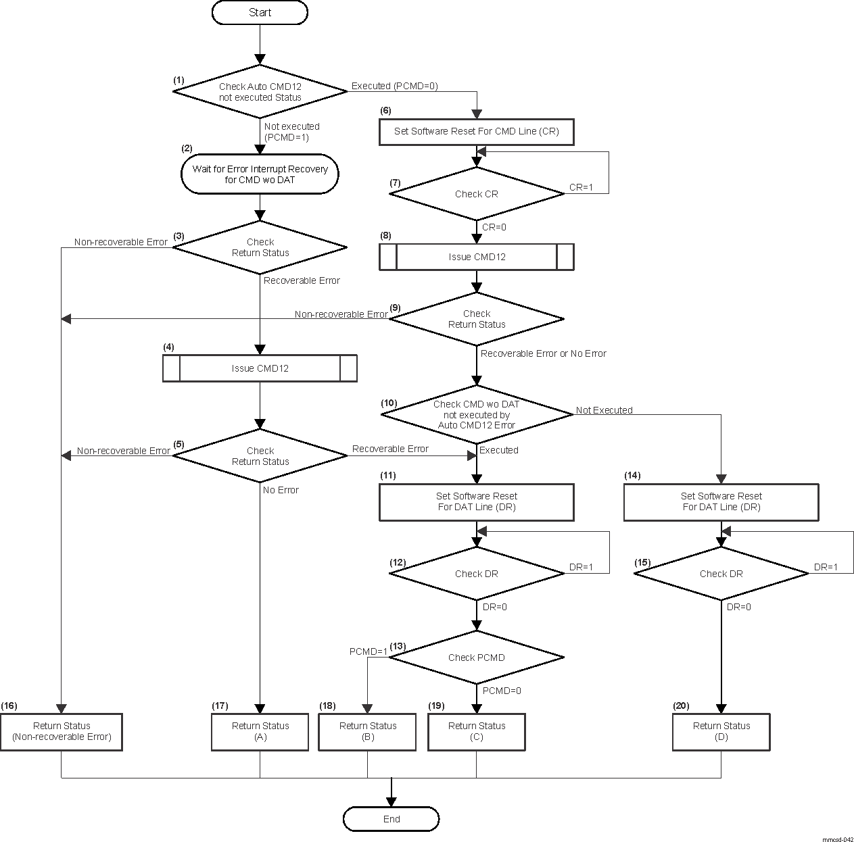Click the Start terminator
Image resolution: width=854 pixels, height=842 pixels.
click(260, 13)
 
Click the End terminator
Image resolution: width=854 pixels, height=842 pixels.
click(392, 819)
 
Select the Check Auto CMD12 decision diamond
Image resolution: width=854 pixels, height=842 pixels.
click(260, 92)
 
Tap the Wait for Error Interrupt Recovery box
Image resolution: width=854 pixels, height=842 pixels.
click(260, 174)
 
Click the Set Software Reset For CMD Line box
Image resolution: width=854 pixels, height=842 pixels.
click(477, 132)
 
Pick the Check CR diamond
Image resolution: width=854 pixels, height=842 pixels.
click(477, 194)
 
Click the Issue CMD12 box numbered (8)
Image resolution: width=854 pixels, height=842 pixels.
click(477, 257)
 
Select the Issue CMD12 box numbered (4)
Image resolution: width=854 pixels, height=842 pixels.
click(260, 369)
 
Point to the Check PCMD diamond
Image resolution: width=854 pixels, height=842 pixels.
click(477, 658)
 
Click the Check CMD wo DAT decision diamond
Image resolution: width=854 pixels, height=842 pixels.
click(477, 414)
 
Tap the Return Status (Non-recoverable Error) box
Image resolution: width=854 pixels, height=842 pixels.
click(62, 732)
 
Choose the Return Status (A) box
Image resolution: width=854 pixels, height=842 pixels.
click(260, 732)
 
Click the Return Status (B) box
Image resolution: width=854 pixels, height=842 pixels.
click(368, 732)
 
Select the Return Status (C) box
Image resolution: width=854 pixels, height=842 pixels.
click(477, 732)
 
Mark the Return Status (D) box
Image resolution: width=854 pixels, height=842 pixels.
click(721, 732)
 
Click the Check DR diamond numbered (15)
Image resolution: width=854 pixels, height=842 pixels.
click(721, 574)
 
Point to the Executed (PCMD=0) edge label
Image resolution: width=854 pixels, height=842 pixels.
click(395, 86)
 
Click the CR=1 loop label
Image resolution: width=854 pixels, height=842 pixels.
click(581, 187)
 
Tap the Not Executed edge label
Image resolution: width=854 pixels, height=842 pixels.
click(604, 410)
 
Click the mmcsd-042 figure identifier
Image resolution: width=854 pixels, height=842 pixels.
click(837, 839)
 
